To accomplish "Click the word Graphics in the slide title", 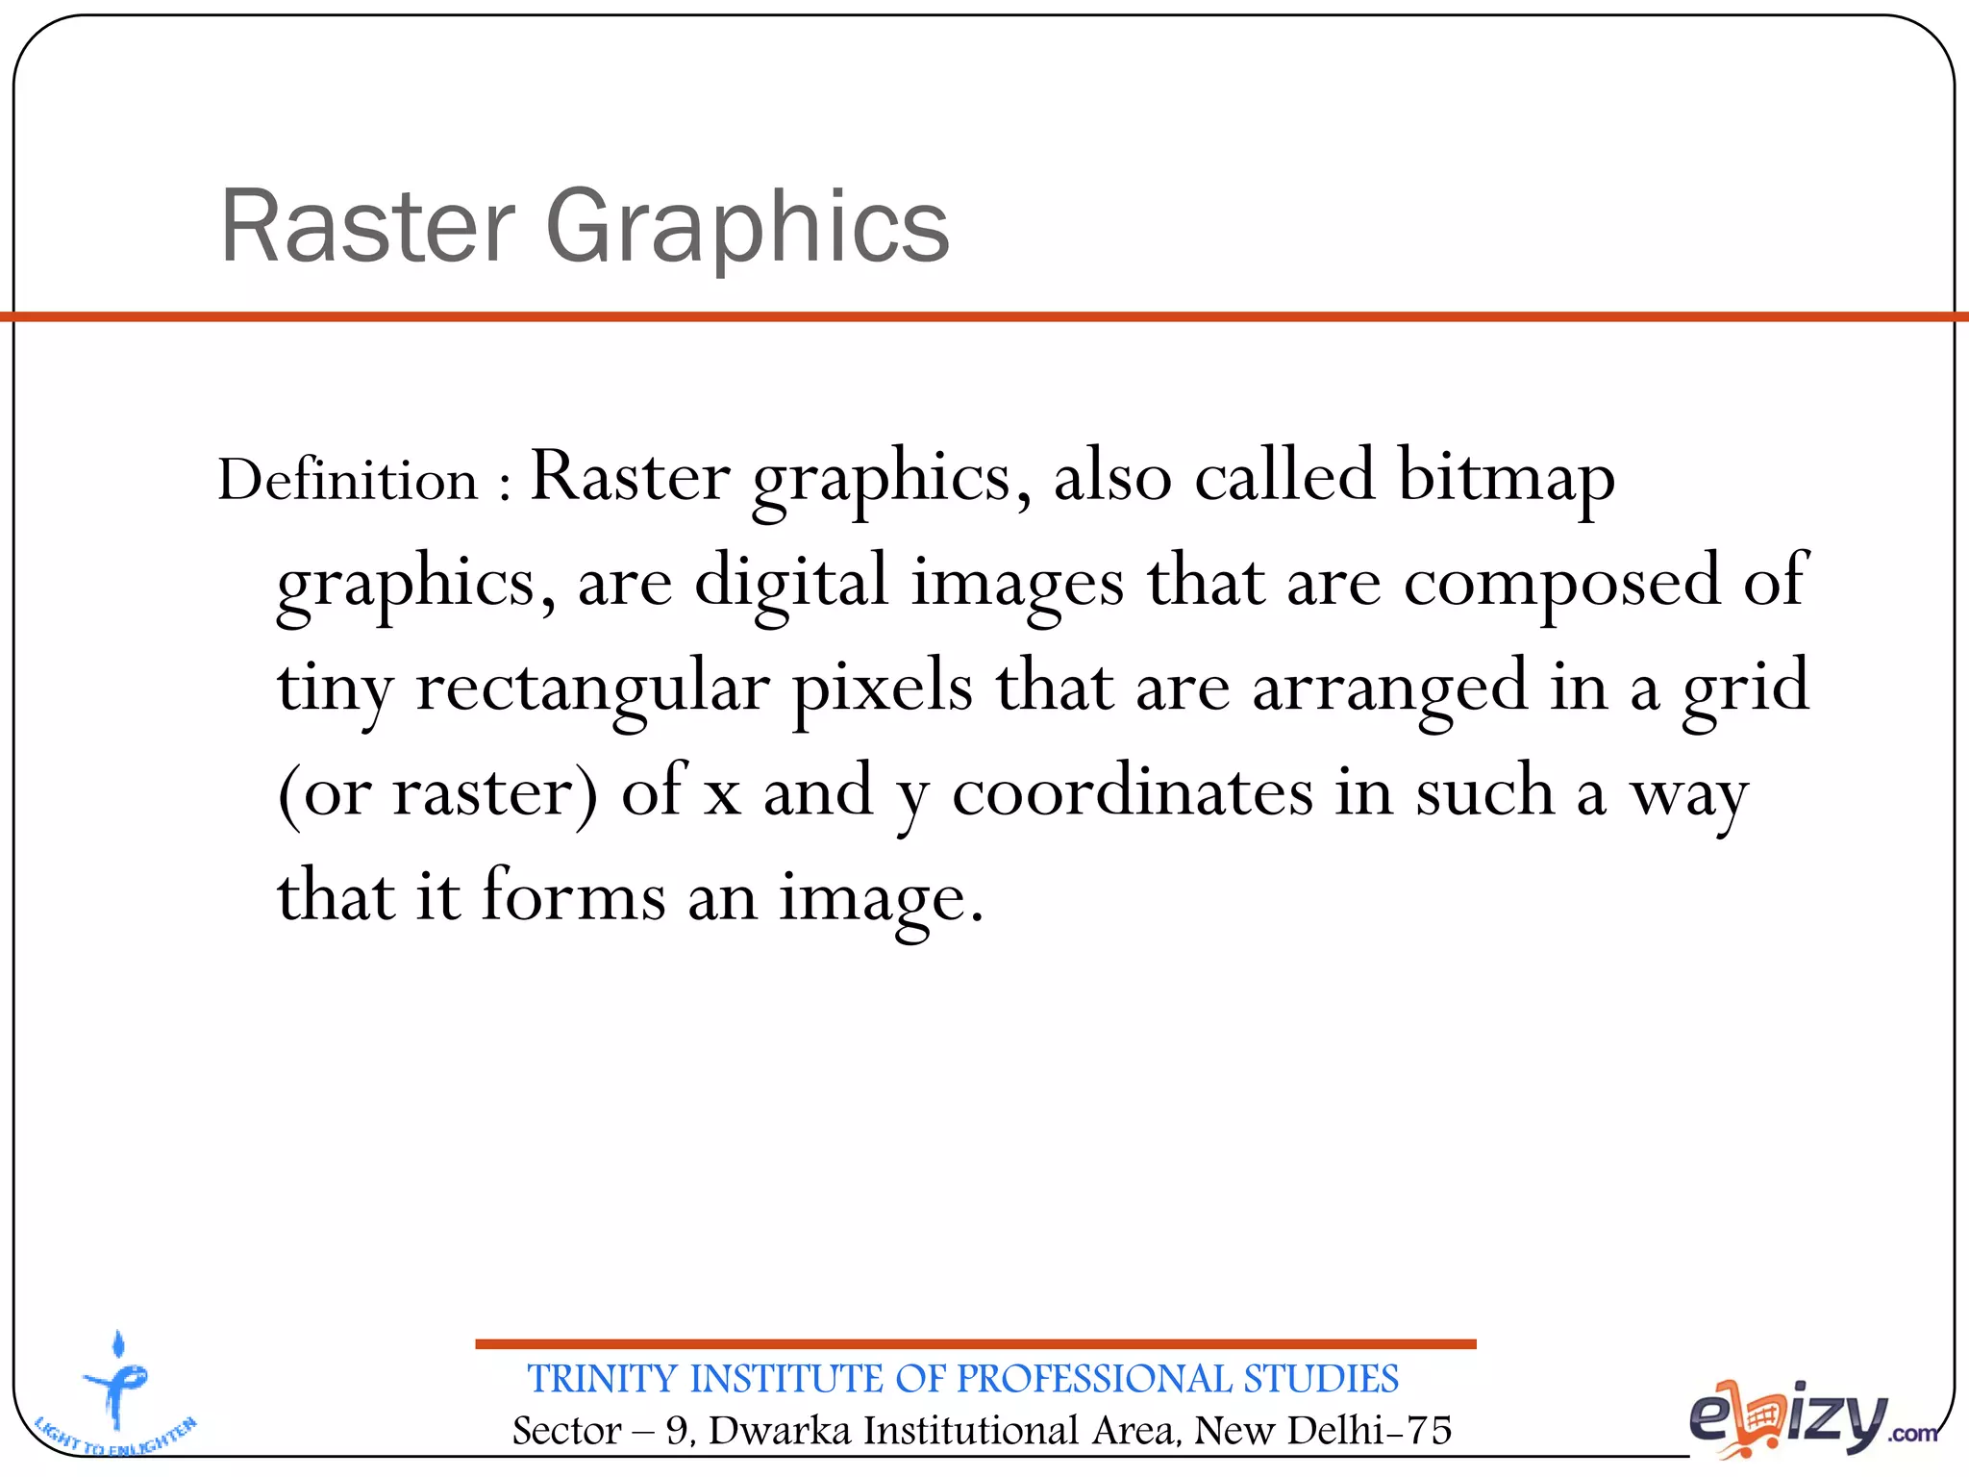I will point(747,229).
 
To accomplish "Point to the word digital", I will point(790,583).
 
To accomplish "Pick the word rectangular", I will point(592,688).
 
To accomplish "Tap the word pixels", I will point(883,688).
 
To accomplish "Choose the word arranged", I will point(1389,688).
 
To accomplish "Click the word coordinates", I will point(1133,792).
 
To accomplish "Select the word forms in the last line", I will point(573,896).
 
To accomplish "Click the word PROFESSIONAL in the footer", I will point(1093,1379).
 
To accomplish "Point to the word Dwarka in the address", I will point(780,1431).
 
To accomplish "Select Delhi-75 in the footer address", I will point(1369,1431).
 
